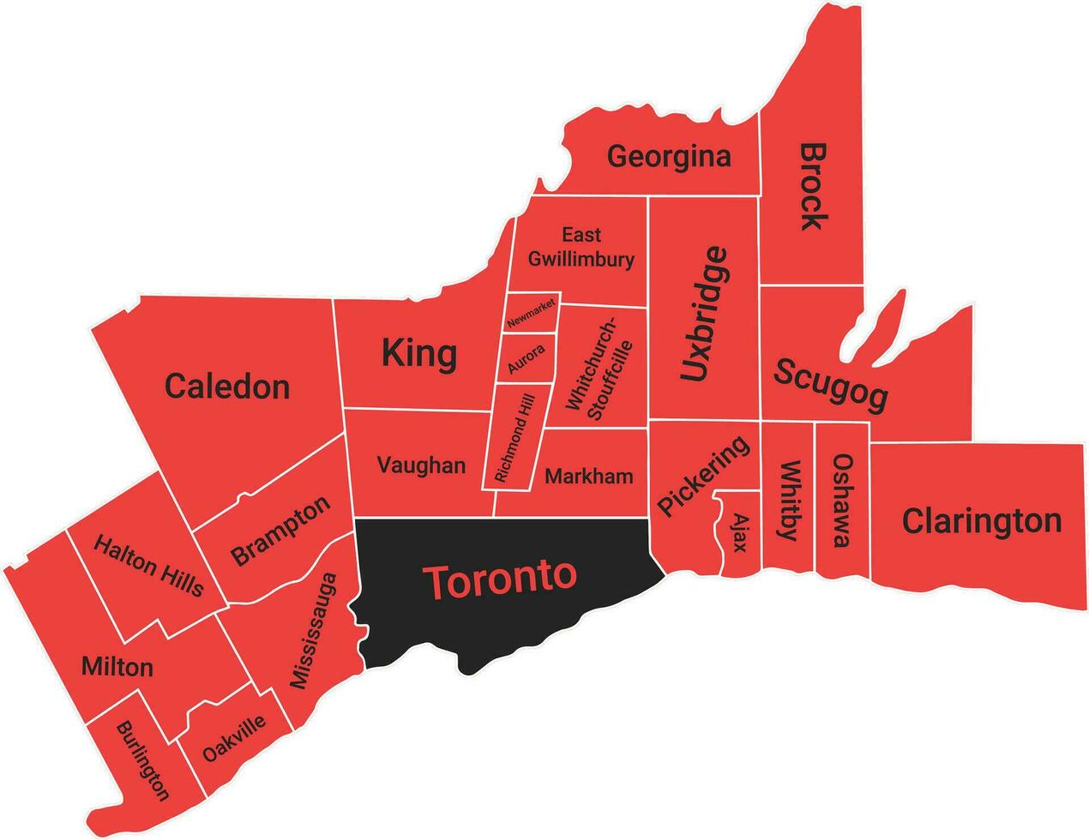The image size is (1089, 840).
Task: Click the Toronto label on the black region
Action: [x=502, y=580]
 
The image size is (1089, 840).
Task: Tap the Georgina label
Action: [x=669, y=157]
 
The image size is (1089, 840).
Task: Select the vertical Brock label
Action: [x=813, y=186]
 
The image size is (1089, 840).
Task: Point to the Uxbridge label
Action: [x=707, y=314]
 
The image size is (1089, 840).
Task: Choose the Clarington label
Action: [x=981, y=520]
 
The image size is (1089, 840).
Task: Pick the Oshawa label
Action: [x=842, y=500]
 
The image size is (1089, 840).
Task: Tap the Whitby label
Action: [x=788, y=501]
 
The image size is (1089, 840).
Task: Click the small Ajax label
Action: [x=739, y=532]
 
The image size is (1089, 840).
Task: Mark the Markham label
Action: [x=589, y=476]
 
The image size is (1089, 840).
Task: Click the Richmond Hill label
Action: [x=514, y=438]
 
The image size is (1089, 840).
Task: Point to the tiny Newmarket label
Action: [x=532, y=314]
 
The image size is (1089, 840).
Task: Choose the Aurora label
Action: [x=526, y=359]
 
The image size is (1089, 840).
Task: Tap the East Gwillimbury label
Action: [x=581, y=247]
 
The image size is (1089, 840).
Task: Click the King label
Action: [x=418, y=352]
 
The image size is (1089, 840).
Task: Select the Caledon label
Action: [x=227, y=387]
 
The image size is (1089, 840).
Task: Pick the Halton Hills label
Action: [x=148, y=565]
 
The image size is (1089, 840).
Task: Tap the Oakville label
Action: [x=234, y=739]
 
